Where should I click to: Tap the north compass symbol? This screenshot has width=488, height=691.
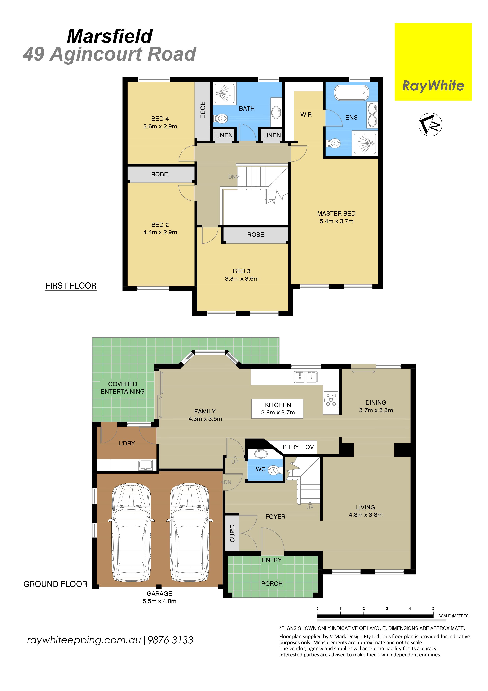click(x=430, y=124)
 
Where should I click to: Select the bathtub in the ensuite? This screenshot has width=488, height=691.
click(x=352, y=93)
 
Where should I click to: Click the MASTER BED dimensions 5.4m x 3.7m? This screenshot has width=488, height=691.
click(x=336, y=221)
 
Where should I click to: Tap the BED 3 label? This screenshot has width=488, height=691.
click(x=242, y=271)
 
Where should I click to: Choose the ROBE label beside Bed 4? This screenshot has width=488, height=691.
click(x=202, y=110)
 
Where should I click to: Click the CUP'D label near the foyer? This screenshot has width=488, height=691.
click(x=232, y=533)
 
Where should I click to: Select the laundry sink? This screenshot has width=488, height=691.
click(x=145, y=465)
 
